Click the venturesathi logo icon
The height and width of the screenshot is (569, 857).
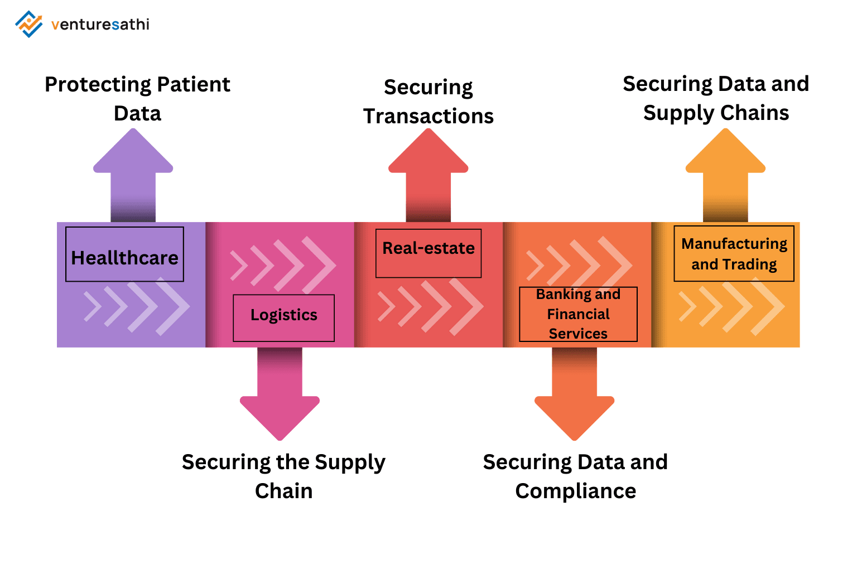pyautogui.click(x=28, y=24)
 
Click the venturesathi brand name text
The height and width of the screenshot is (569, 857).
pyautogui.click(x=100, y=25)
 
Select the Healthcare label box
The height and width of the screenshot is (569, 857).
pyautogui.click(x=124, y=254)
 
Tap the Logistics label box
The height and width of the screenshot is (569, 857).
pyautogui.click(x=283, y=317)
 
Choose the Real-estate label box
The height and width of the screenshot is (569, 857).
pyautogui.click(x=428, y=253)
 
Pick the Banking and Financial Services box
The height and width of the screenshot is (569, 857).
pyautogui.click(x=578, y=314)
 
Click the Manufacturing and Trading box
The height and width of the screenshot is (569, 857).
pyautogui.click(x=734, y=253)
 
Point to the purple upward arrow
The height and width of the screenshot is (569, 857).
pyautogui.click(x=133, y=173)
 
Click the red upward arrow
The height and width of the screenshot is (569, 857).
pyautogui.click(x=428, y=173)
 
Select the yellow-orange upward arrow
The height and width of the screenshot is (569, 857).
pyautogui.click(x=725, y=173)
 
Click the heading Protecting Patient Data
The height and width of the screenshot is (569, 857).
pyautogui.click(x=137, y=99)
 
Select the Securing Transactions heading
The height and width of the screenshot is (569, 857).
pyautogui.click(x=428, y=102)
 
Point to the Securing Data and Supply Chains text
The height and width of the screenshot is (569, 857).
pyautogui.click(x=716, y=98)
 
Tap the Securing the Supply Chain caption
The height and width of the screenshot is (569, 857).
pyautogui.click(x=283, y=476)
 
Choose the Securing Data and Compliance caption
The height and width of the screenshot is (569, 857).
pyautogui.click(x=575, y=476)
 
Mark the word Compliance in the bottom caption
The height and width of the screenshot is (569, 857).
pyautogui.click(x=575, y=491)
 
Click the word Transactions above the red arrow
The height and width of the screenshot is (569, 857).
pyautogui.click(x=428, y=117)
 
